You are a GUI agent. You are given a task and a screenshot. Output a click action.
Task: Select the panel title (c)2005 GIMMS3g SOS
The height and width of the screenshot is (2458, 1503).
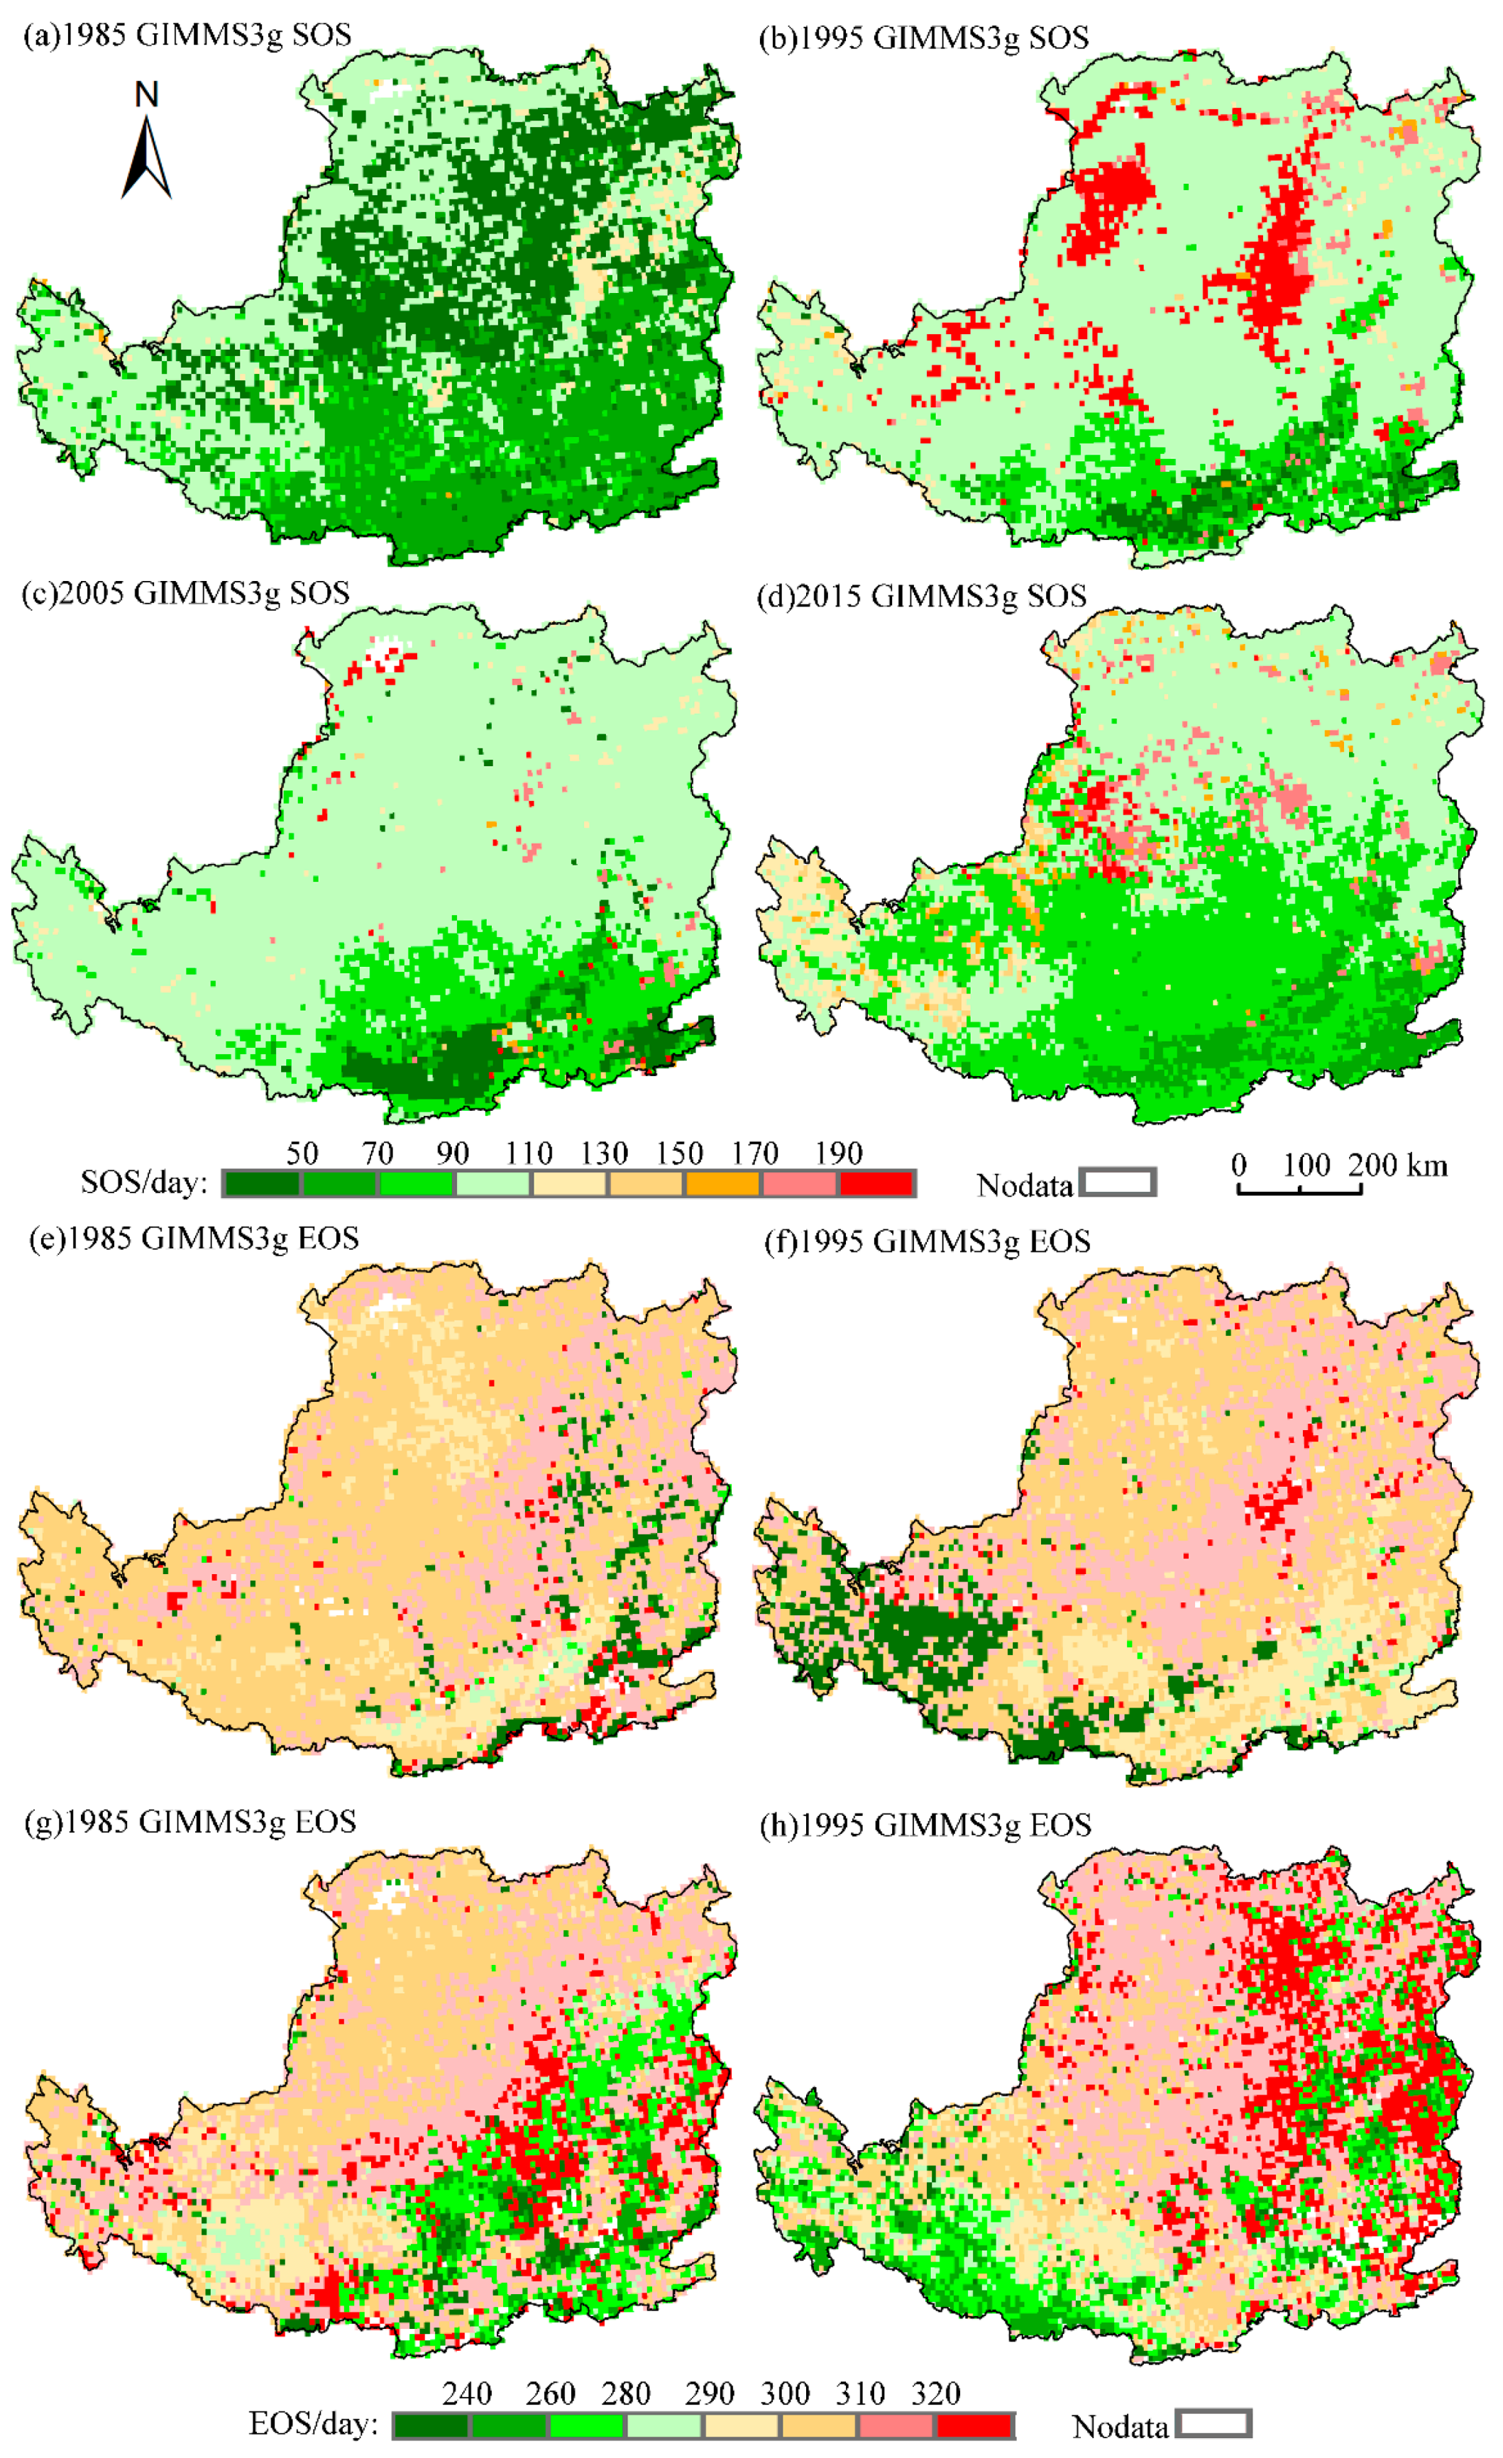(x=186, y=594)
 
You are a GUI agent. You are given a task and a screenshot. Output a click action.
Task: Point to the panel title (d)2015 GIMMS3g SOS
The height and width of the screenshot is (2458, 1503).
(x=922, y=597)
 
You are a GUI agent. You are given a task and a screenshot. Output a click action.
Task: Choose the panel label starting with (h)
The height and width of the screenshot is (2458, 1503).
(x=925, y=1825)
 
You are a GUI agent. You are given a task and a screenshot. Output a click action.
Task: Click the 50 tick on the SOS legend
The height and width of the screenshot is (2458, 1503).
(x=302, y=1153)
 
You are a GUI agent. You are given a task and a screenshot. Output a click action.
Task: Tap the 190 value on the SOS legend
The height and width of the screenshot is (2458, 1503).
(x=837, y=1153)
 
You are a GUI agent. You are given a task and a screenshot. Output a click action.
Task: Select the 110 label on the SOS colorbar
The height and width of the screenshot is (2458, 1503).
(x=528, y=1153)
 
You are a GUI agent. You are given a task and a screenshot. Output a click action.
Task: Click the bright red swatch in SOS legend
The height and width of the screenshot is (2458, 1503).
(x=876, y=1184)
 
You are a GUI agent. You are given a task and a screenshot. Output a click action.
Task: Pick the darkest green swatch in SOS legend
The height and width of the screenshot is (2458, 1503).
(x=261, y=1184)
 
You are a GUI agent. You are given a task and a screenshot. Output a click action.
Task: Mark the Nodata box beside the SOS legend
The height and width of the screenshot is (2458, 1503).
(x=1118, y=1183)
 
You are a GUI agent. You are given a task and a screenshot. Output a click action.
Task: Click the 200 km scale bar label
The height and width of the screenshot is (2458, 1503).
(x=1397, y=1164)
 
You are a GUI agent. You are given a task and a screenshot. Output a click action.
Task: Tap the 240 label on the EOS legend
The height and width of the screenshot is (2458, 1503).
(x=467, y=2393)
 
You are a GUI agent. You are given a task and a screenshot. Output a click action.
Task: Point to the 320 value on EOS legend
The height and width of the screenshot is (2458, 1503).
(x=935, y=2393)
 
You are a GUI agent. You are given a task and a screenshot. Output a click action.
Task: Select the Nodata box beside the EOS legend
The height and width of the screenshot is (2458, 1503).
(x=1213, y=2424)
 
